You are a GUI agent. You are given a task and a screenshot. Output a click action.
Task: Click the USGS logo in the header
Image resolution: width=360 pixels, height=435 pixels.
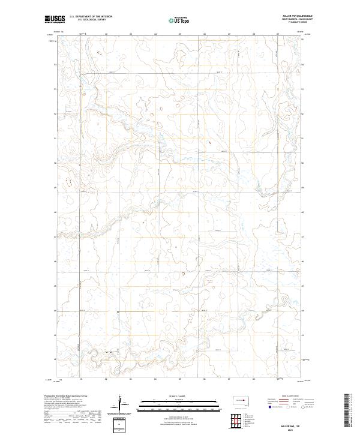(55, 20)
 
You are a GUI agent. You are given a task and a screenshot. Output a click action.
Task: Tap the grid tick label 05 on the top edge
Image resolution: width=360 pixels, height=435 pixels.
(180, 34)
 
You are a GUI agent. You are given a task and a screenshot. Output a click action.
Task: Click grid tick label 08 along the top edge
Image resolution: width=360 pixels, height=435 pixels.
(254, 34)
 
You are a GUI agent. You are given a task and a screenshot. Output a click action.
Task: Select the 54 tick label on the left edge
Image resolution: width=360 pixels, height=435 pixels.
(56, 64)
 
